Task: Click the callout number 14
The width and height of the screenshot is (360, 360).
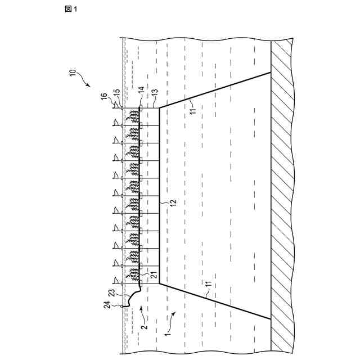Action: point(141,90)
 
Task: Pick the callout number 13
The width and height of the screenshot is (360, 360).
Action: point(155,92)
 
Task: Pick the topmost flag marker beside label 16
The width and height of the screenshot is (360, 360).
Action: point(115,105)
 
